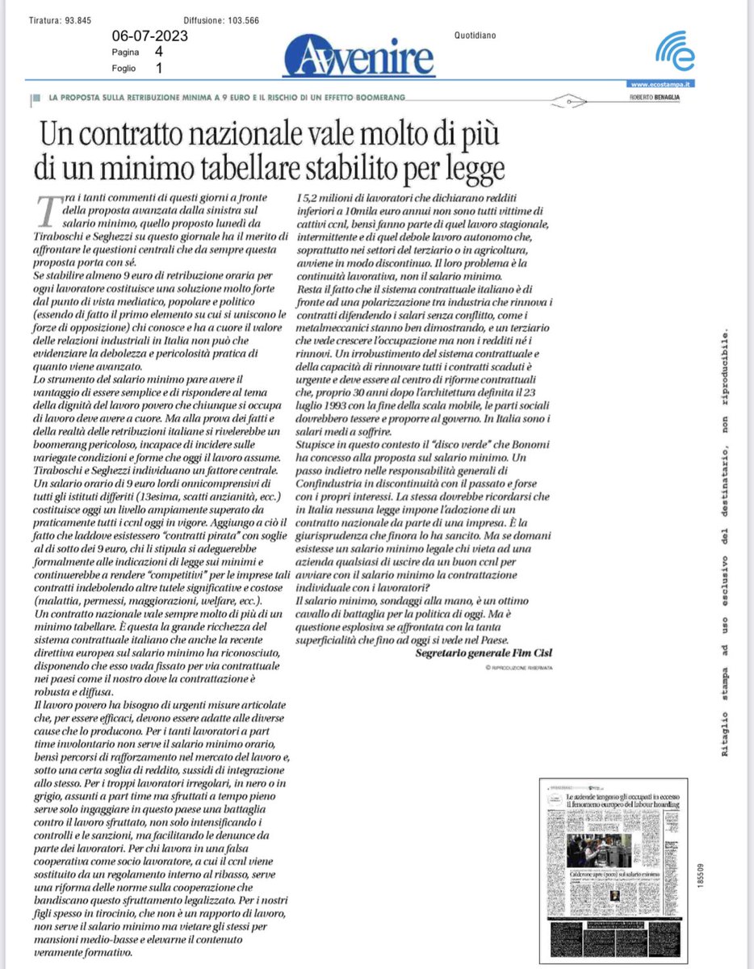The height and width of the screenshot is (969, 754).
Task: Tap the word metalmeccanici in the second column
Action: (336, 327)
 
